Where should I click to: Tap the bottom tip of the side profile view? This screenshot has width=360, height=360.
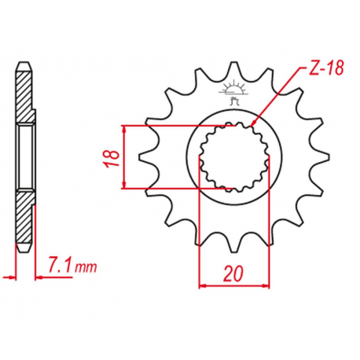click(24, 250)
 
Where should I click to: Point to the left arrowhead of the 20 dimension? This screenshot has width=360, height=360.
click(200, 285)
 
